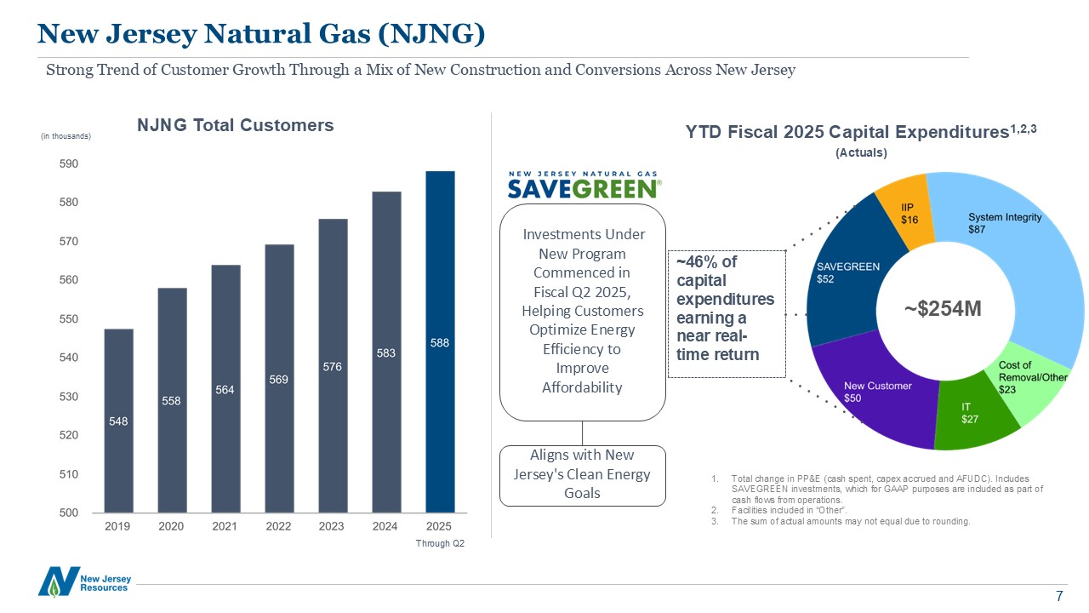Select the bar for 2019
coord(118,421)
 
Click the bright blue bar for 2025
coord(440,341)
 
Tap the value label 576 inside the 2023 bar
coord(332,366)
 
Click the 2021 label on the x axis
coord(225,526)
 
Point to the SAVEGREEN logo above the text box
coord(584,184)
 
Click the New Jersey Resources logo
coord(84,581)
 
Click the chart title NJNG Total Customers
coord(236,125)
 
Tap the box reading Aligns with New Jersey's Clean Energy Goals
coord(582,475)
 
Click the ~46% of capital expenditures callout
coord(726,313)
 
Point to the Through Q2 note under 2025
coord(440,543)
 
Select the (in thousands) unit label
coord(66,136)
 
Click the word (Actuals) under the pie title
coord(861,152)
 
